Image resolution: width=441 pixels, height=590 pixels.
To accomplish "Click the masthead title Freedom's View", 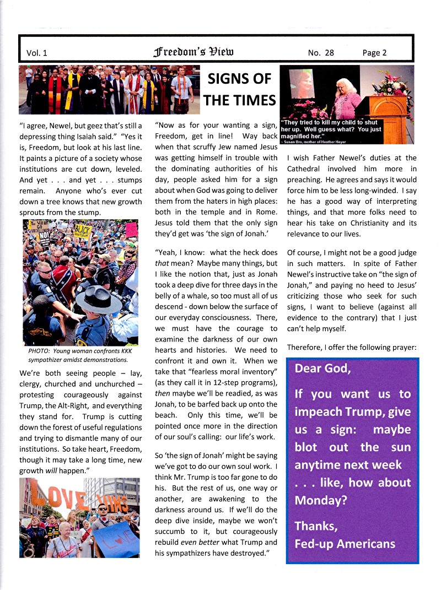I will click(x=193, y=52).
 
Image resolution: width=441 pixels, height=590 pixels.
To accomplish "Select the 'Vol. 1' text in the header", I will click(x=37, y=53).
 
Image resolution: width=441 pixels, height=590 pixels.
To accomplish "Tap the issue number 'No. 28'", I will click(x=321, y=53).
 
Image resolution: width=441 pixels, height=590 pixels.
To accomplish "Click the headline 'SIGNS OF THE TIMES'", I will click(x=239, y=89).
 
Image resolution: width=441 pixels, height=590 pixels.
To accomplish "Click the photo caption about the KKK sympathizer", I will click(x=77, y=355).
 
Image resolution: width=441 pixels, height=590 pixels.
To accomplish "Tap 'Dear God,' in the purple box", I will click(x=322, y=369).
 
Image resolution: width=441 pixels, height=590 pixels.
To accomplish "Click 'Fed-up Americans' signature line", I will click(x=345, y=544).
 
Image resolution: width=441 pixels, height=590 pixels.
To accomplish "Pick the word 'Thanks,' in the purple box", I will click(x=316, y=526).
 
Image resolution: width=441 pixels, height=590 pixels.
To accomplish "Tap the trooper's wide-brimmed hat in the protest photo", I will click(x=99, y=300).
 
